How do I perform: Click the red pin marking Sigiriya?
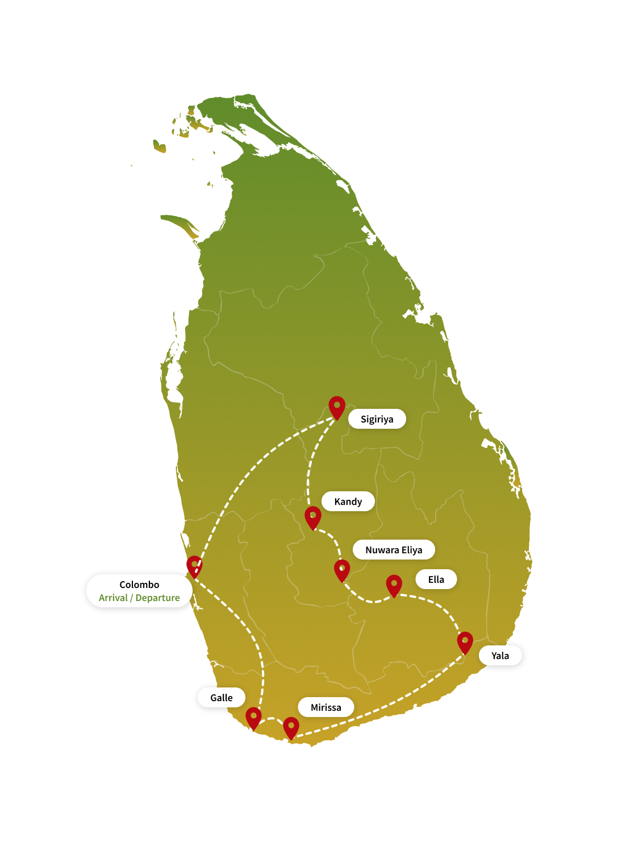(x=337, y=407)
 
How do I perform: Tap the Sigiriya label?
(x=377, y=419)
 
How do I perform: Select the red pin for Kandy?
(x=312, y=517)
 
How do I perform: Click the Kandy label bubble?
(x=348, y=501)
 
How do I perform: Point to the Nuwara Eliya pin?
(x=342, y=570)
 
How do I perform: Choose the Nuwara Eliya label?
(x=394, y=549)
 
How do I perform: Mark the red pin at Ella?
(x=394, y=586)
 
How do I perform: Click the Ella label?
(x=436, y=579)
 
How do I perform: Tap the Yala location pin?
(x=465, y=643)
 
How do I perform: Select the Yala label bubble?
(x=500, y=655)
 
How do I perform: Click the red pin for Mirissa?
(x=291, y=728)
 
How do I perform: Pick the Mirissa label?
(x=326, y=707)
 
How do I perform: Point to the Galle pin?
(x=253, y=718)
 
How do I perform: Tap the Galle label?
(x=221, y=697)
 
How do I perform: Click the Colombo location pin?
(x=194, y=567)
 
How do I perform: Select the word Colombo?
(x=139, y=585)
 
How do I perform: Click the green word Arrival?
(x=113, y=598)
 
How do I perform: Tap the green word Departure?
(x=158, y=598)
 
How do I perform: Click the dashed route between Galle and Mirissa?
(x=272, y=719)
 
